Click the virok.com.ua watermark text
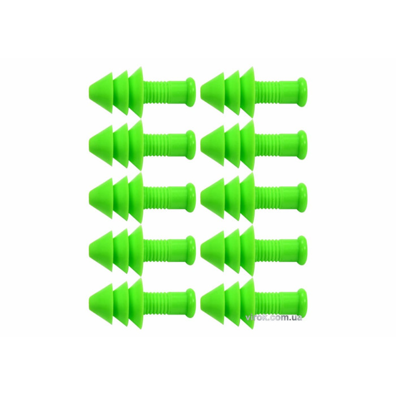pos(281,318)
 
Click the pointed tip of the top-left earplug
pos(90,92)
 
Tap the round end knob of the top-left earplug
pos(191,92)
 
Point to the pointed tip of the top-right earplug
pos(201,92)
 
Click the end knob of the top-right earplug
pos(303,92)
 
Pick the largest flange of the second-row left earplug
pos(136,145)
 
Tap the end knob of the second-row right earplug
pos(303,145)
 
